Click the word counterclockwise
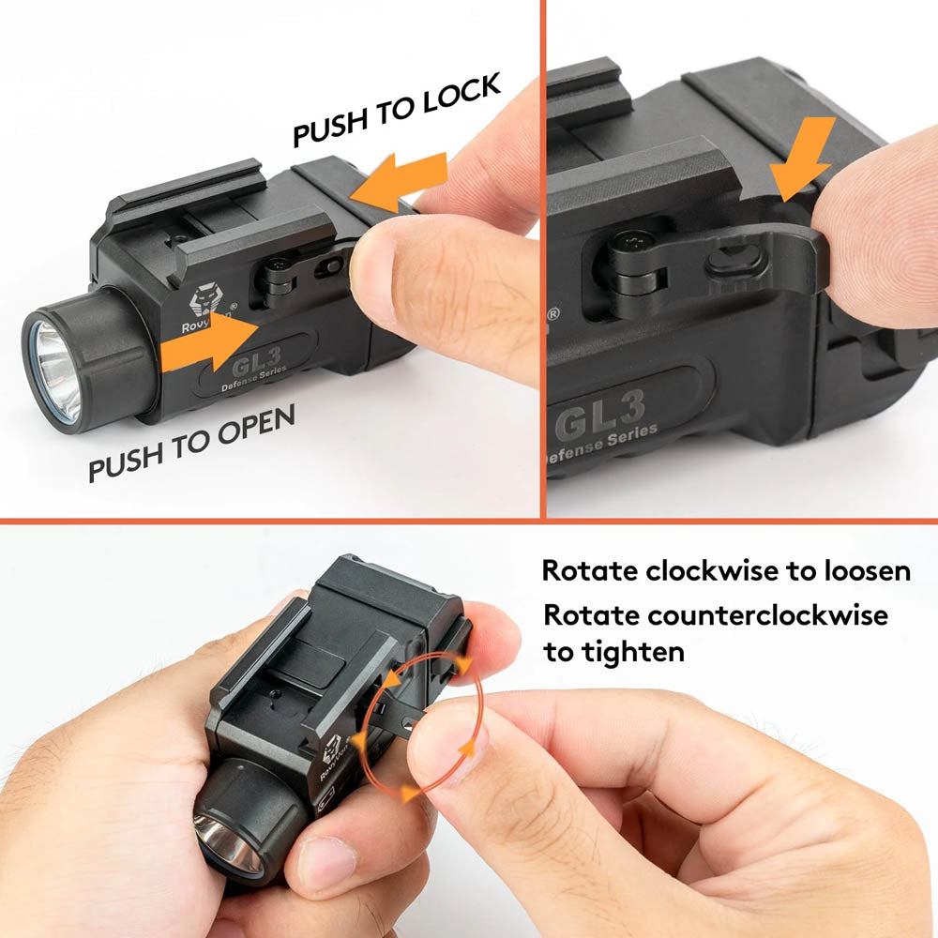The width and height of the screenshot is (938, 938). [x=763, y=616]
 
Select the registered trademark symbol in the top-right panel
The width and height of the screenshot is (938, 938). [x=554, y=315]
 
